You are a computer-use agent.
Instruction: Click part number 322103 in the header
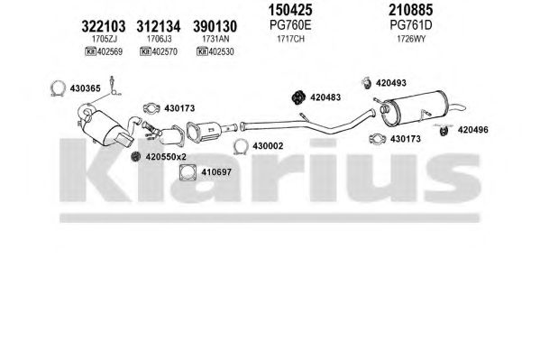[x=104, y=26]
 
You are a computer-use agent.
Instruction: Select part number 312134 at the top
[x=159, y=26]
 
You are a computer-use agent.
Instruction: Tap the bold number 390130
[x=215, y=26]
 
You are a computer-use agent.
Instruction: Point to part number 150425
[x=290, y=10]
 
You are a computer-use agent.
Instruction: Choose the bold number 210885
[x=411, y=10]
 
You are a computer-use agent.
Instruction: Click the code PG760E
[x=290, y=25]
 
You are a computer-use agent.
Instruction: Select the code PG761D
[x=411, y=25]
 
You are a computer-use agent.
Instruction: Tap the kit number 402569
[x=110, y=51]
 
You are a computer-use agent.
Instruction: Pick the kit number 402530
[x=222, y=51]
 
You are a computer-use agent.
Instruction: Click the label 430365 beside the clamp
[x=86, y=88]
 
